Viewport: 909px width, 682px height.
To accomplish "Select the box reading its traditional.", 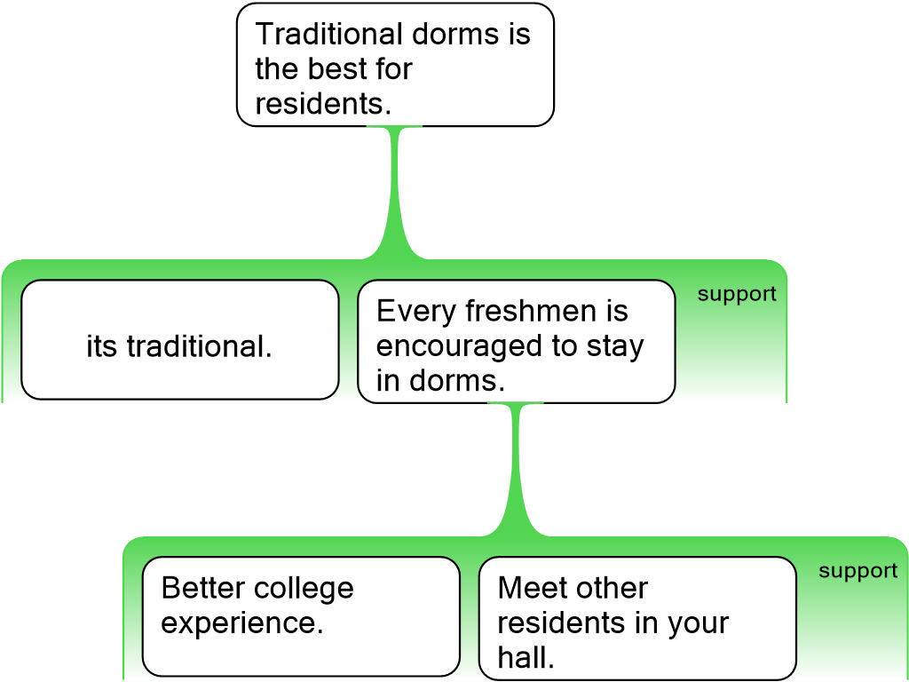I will click(x=179, y=345).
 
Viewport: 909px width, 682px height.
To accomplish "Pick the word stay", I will click(x=614, y=345).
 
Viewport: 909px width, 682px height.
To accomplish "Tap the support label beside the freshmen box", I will click(x=737, y=294).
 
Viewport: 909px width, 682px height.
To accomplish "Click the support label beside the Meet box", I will click(x=858, y=571).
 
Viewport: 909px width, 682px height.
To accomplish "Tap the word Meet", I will click(x=529, y=588).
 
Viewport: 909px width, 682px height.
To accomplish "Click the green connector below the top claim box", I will click(x=396, y=191).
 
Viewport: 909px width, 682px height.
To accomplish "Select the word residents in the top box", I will click(x=322, y=103).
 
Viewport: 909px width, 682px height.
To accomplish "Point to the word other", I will click(x=611, y=588).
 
